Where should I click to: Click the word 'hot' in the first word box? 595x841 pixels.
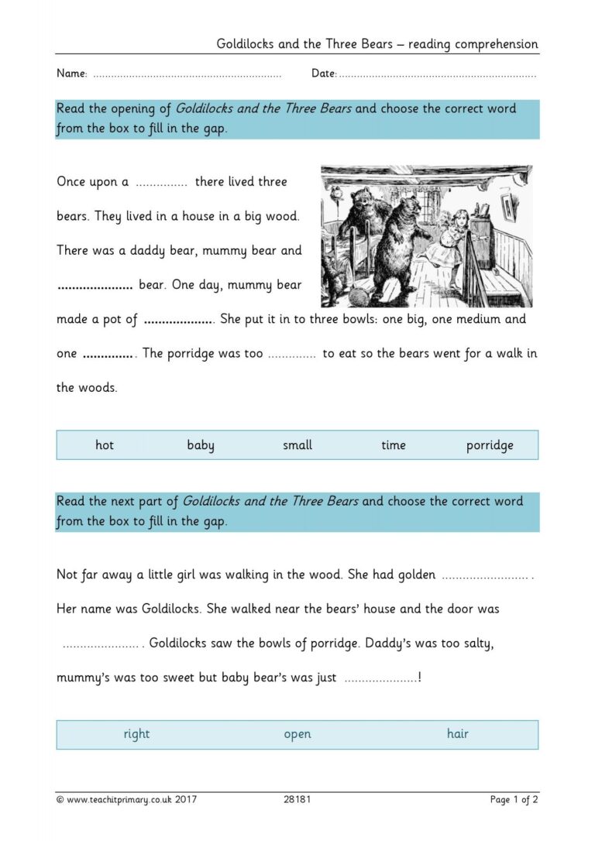pyautogui.click(x=105, y=445)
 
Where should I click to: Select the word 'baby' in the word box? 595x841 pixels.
pyautogui.click(x=201, y=445)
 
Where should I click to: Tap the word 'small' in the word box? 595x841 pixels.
pyautogui.click(x=297, y=445)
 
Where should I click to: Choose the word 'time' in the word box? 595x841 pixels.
pyautogui.click(x=394, y=445)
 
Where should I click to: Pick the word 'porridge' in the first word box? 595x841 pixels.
pyautogui.click(x=490, y=445)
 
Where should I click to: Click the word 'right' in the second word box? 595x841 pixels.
pyautogui.click(x=136, y=734)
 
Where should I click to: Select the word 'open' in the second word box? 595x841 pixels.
pyautogui.click(x=297, y=734)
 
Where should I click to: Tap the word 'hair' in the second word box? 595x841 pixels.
pyautogui.click(x=458, y=734)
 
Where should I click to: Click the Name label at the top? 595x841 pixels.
pyautogui.click(x=71, y=74)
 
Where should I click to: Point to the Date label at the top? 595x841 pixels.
pyautogui.click(x=324, y=74)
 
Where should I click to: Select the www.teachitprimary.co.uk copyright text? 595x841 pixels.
pyautogui.click(x=126, y=799)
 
